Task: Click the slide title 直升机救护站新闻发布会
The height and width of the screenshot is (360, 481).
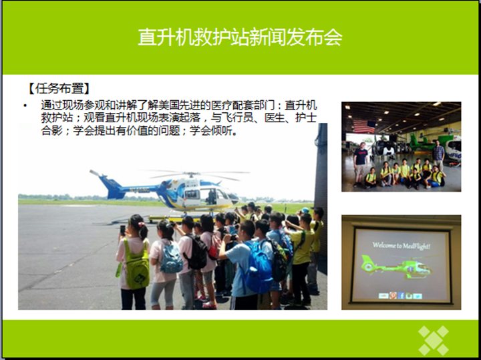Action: pos(240,37)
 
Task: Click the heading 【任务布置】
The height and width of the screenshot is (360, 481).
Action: pos(58,89)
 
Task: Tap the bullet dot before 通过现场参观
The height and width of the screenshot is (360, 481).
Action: pos(25,106)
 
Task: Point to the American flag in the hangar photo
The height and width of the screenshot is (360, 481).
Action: pos(364,126)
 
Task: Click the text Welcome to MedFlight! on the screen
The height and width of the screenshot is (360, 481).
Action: pos(402,245)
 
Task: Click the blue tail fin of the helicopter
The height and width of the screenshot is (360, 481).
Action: pos(110,186)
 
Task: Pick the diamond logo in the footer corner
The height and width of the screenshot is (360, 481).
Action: pos(434,341)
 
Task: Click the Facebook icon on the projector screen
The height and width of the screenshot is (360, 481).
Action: pos(401,296)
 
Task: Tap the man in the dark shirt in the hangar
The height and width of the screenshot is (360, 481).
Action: pos(360,164)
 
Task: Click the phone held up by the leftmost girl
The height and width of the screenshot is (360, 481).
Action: pos(123,230)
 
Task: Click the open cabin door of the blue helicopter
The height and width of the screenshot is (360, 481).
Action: pos(212,197)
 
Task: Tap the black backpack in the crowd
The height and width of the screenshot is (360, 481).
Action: pos(198,251)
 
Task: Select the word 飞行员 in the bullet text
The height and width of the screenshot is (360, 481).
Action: pos(236,118)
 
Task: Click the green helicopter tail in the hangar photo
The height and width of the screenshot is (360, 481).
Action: pos(416,142)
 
